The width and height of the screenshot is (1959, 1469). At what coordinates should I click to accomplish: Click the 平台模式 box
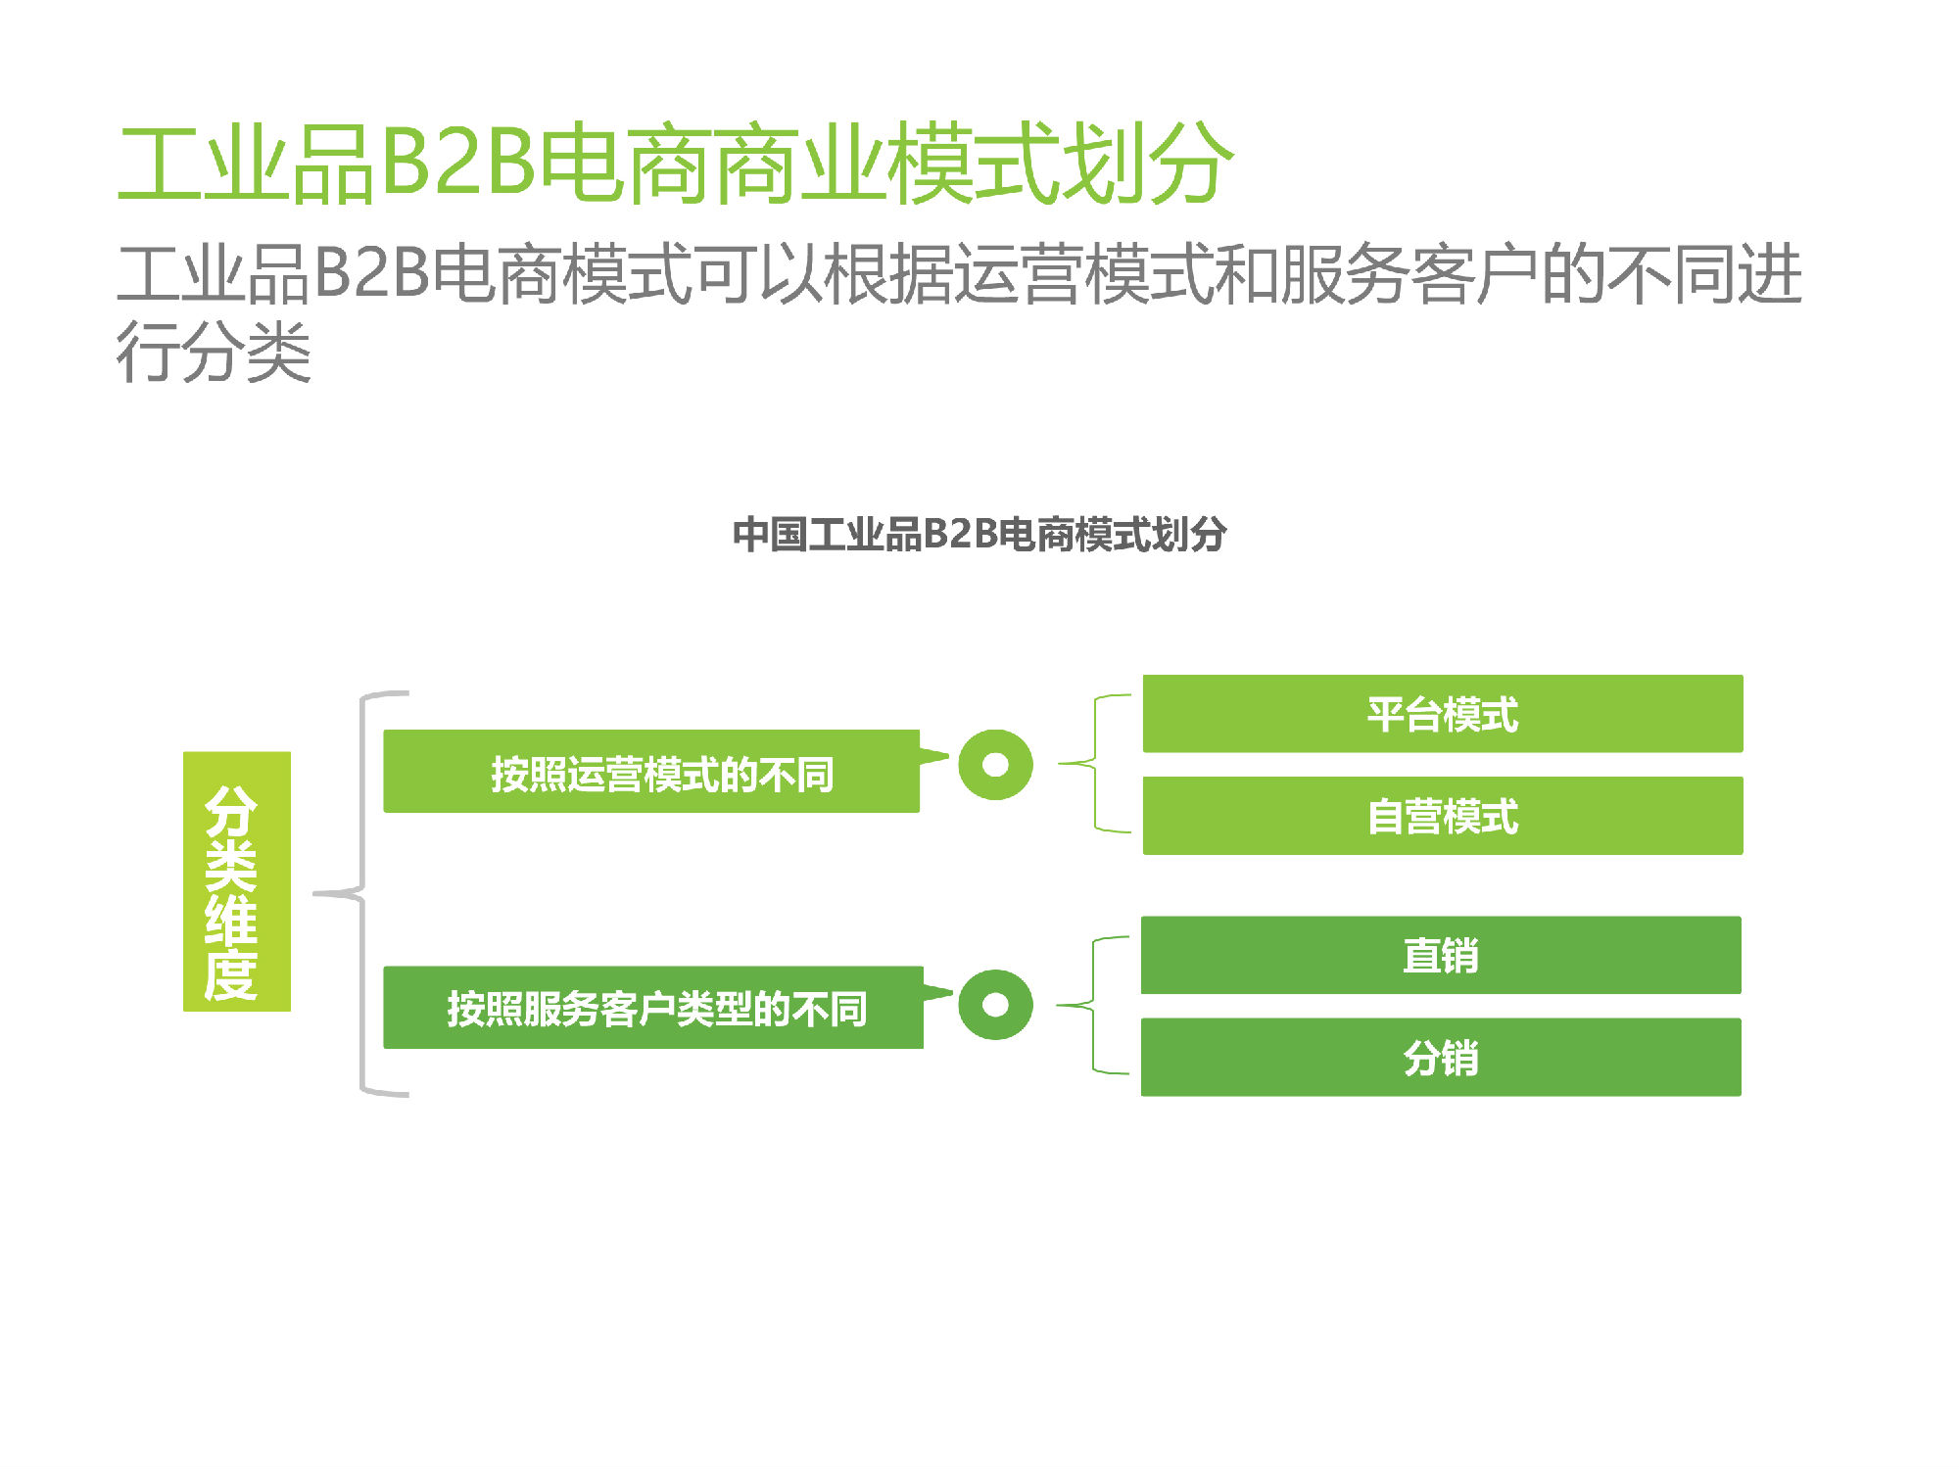point(1443,714)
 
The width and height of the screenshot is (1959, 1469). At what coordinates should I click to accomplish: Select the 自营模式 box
point(1443,816)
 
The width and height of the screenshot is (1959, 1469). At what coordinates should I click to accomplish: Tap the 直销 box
point(1441,955)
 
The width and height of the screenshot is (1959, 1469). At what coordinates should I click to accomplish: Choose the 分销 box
point(1441,1057)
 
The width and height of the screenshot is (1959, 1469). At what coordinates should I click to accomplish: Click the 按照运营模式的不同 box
point(651,772)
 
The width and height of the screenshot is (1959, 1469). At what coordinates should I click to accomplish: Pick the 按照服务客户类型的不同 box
point(653,1008)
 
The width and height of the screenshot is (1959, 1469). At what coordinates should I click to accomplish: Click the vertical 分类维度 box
point(237,881)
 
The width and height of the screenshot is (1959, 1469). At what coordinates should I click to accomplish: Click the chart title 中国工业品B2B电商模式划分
point(979,535)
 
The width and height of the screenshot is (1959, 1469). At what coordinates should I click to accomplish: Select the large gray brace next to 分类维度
point(362,894)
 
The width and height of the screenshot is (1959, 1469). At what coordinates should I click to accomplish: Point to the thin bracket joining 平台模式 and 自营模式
point(1094,763)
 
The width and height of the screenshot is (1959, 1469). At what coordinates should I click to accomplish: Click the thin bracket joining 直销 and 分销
point(1092,1005)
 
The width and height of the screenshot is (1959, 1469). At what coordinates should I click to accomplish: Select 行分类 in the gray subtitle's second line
point(214,351)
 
